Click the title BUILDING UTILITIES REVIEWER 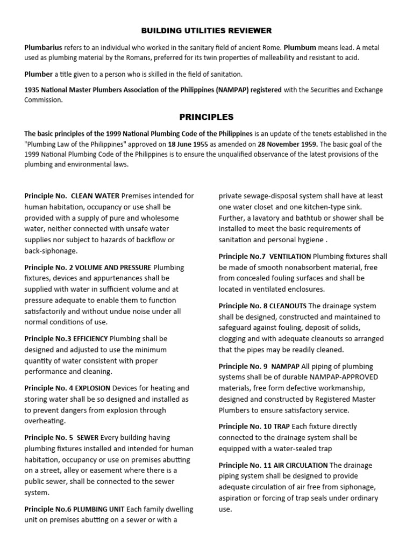[206, 31]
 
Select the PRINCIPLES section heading [206, 117]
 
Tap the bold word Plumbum [300, 47]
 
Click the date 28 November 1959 [286, 143]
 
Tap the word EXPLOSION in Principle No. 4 [92, 388]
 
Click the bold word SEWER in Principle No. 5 [87, 437]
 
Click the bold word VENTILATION [290, 257]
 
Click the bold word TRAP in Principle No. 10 [282, 426]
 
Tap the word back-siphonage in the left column [51, 251]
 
